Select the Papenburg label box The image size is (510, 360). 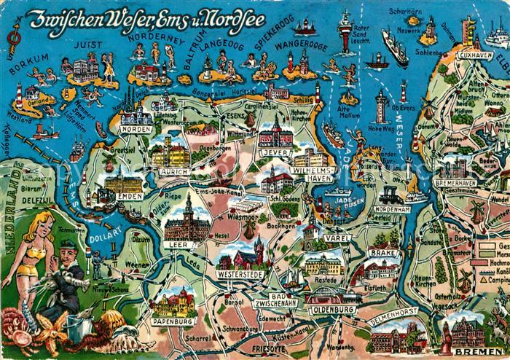[173, 320]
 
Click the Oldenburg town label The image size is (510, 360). [331, 310]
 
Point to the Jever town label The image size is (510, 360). [273, 154]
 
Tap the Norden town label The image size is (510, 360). [136, 130]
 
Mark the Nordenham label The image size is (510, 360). [392, 209]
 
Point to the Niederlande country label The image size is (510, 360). [12, 211]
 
